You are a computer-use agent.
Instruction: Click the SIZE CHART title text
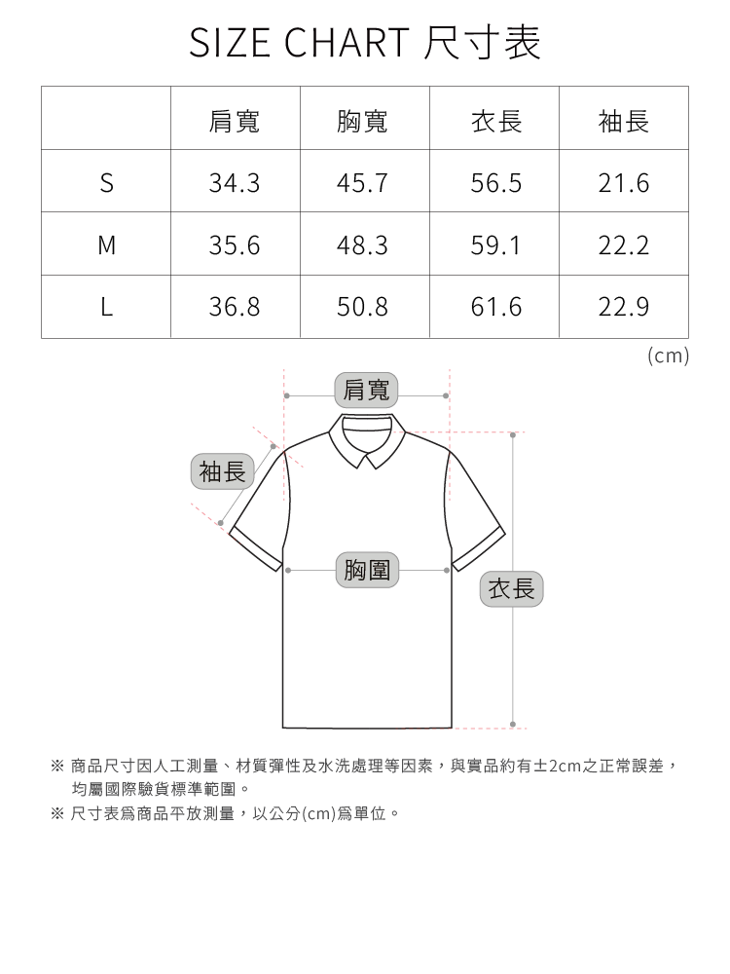coord(365,43)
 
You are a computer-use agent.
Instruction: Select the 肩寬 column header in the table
coord(235,121)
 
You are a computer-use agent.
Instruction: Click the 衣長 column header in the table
coord(496,121)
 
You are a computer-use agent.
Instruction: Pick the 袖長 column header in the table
coord(624,121)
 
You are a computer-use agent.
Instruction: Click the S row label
coord(106,183)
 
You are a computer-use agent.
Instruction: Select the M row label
coord(106,245)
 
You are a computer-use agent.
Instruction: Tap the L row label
coord(106,308)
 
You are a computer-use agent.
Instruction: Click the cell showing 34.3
coord(235,183)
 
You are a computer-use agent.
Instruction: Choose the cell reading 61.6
coord(496,308)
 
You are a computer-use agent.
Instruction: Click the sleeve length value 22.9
coord(624,308)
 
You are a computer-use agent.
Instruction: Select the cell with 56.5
coord(496,183)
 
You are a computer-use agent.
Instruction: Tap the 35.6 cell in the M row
coord(235,245)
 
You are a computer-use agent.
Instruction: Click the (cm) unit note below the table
coord(668,356)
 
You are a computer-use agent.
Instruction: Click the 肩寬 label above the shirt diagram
coord(366,390)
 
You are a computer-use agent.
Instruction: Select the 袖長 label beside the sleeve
coord(222,472)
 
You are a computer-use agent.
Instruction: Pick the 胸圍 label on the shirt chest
coord(366,570)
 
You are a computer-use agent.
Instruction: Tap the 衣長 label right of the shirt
coord(511,588)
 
